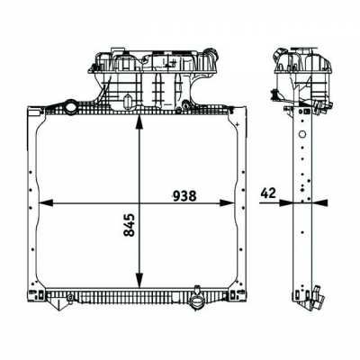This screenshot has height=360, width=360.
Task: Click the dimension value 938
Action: coord(184,196)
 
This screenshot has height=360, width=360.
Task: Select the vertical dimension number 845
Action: coord(130,225)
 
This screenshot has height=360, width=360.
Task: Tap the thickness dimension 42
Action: coord(268,193)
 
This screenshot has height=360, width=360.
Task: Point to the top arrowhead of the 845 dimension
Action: coord(139,122)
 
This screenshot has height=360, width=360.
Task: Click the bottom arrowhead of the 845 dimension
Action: coord(139,280)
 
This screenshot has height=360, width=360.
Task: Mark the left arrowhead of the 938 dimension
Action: coord(46,203)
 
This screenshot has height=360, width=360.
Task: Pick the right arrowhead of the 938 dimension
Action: coord(227,203)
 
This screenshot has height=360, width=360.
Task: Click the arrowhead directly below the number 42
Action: coord(285,203)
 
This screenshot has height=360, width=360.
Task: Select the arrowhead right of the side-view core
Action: coord(319,203)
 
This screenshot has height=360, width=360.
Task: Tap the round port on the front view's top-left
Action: coord(72,106)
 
